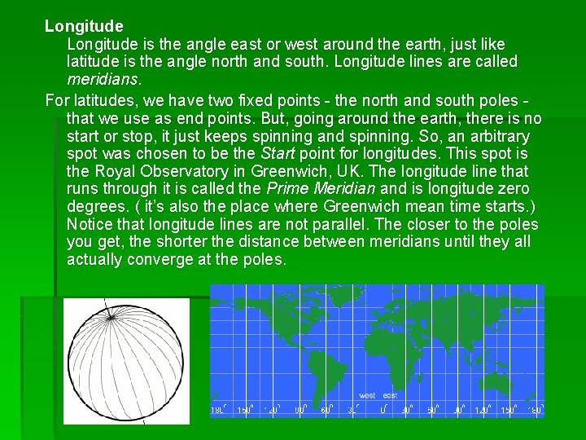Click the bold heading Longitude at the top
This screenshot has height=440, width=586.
point(84,27)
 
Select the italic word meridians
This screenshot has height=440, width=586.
point(103,80)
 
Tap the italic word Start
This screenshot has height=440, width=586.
point(278,153)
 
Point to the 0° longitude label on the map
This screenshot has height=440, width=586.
point(383,410)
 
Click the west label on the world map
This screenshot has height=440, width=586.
point(368,396)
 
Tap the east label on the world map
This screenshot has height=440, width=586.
point(391,396)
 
